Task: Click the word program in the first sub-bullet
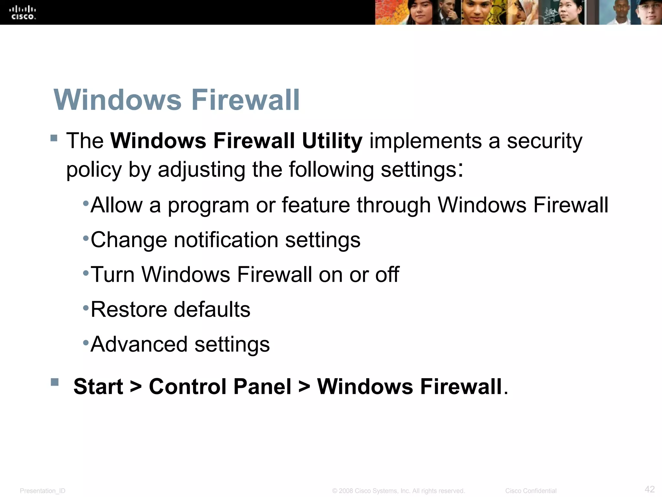click(208, 205)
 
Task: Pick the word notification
click(226, 240)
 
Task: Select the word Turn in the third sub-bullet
click(112, 275)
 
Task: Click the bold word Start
click(98, 386)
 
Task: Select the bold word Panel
click(262, 386)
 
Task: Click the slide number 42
click(649, 489)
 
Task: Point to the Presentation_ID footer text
click(43, 491)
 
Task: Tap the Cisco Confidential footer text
click(531, 491)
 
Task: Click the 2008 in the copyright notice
click(346, 491)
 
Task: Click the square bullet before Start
click(55, 382)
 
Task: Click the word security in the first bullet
click(544, 141)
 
